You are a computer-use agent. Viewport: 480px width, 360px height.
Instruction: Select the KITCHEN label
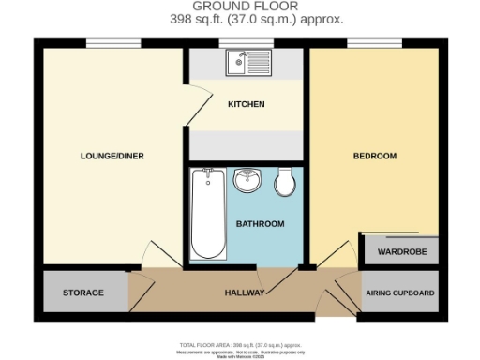[247, 104]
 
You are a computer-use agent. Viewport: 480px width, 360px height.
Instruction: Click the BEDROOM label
[374, 156]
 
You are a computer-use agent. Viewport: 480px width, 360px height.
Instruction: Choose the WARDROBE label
[401, 252]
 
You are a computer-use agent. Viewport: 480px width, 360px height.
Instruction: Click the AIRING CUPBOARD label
[400, 293]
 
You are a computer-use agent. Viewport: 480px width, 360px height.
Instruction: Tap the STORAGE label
[82, 293]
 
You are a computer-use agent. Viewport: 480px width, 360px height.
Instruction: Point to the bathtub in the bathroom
[208, 215]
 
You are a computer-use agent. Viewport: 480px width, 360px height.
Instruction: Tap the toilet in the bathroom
[286, 183]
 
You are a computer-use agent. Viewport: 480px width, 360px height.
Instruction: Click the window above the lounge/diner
[113, 42]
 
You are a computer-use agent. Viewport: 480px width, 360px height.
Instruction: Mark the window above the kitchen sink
[247, 42]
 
